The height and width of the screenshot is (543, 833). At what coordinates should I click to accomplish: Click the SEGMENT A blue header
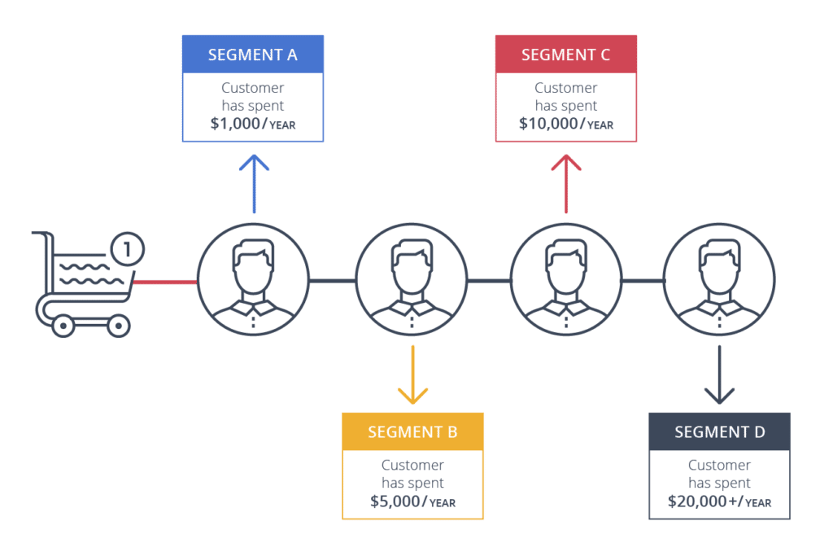(x=253, y=55)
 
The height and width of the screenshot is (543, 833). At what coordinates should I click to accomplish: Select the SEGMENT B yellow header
(x=412, y=432)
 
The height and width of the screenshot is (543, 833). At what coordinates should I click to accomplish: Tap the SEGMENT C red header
(x=565, y=55)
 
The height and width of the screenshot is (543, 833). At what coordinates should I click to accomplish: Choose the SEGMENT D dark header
(x=719, y=432)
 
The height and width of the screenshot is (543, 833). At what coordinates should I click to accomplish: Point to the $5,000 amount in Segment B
(x=394, y=501)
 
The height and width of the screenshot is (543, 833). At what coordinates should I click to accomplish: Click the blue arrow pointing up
(x=254, y=183)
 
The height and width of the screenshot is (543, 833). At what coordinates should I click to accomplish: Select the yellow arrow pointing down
(x=412, y=374)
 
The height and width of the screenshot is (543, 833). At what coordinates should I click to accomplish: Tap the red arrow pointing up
(x=566, y=183)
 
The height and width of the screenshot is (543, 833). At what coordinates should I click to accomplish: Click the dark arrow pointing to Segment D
(x=719, y=374)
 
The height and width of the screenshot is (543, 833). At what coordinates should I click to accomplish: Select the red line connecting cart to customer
(x=165, y=282)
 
